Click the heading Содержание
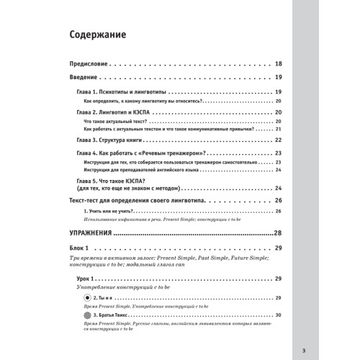[97, 35]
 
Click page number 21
[279, 132]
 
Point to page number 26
[278, 199]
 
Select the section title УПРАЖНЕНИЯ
[89, 233]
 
